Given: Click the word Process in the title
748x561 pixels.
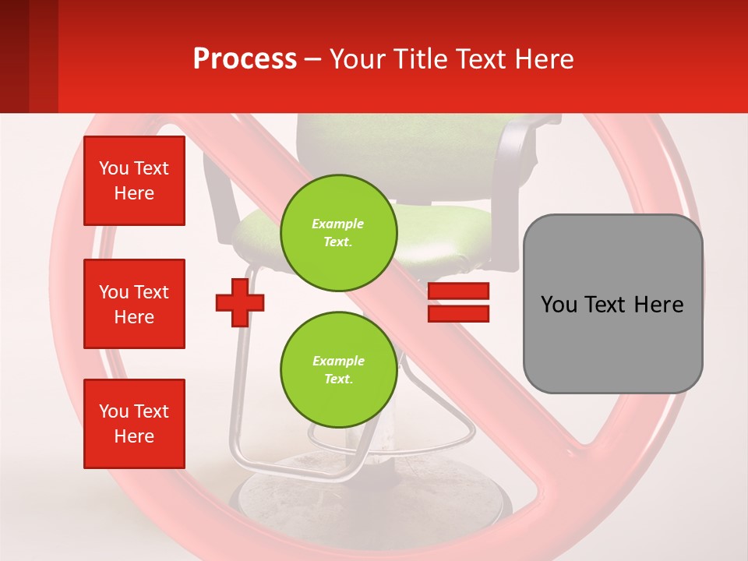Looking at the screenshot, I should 245,59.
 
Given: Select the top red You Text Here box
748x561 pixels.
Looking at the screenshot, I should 134,181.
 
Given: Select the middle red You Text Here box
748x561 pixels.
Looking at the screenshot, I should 134,304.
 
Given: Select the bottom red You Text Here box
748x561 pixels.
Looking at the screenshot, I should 134,424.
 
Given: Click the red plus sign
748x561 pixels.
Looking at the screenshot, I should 240,302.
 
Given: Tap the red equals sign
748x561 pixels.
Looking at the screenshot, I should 458,302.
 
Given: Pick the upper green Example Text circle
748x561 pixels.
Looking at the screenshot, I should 339,233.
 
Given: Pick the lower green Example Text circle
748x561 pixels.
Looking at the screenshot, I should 339,370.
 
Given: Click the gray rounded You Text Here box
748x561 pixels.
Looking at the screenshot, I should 612,304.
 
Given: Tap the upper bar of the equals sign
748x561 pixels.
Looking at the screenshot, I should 458,291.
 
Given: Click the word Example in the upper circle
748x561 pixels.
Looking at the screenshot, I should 338,224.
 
